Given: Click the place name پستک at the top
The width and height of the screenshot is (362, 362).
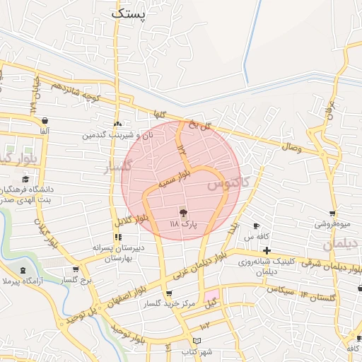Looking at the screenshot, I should (128, 13).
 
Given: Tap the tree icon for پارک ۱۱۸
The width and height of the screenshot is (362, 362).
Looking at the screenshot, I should (183, 212).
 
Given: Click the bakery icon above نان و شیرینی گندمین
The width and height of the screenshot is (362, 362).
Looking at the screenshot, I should (118, 123).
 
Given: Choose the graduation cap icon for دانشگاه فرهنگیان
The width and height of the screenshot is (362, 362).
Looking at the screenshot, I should (26, 179).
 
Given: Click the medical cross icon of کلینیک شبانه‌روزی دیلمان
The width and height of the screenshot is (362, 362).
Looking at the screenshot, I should (267, 251).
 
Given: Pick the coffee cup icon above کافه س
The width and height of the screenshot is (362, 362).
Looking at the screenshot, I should (257, 226).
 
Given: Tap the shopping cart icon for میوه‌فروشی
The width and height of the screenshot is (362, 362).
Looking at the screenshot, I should (332, 214).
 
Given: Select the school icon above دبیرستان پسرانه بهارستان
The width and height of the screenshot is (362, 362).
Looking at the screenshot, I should (117, 238).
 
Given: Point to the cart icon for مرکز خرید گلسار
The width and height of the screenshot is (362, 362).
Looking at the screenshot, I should (168, 294).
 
